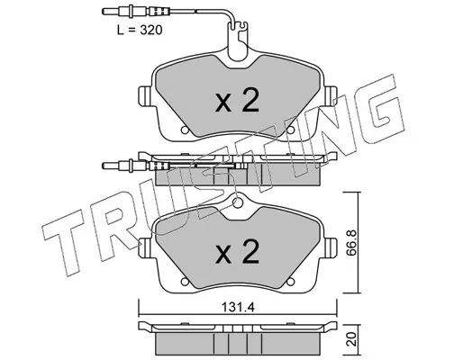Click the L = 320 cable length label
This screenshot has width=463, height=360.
140,30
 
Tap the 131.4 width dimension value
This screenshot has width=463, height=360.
238,307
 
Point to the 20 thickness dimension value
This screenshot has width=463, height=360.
352,338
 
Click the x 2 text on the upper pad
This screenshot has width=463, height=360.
237,100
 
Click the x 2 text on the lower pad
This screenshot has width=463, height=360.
237,252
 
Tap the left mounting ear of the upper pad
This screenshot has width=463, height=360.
145,96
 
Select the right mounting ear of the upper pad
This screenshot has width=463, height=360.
331,96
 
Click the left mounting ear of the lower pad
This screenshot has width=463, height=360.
145,247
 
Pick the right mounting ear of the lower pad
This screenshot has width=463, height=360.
331,247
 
